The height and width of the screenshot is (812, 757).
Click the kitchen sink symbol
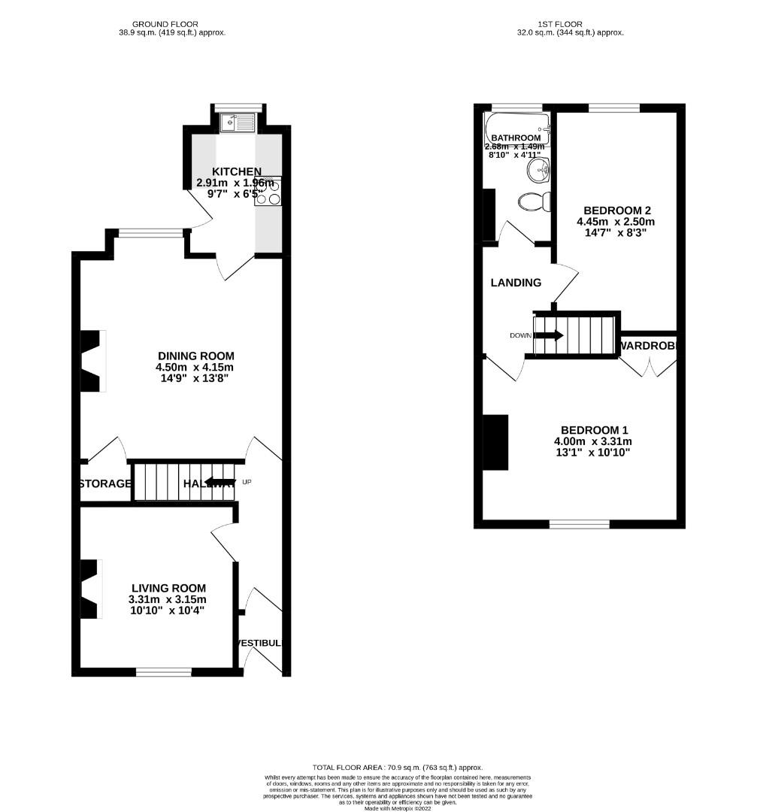(238, 122)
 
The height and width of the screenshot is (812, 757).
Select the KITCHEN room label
(237, 172)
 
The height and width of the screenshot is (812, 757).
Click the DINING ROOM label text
(196, 356)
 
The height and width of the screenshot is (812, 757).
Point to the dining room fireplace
(92, 361)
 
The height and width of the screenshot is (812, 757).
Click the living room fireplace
(91, 589)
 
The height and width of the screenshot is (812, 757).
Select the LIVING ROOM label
(168, 588)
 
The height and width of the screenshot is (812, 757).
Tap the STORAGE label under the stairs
(104, 483)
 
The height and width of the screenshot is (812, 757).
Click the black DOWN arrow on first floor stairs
(548, 335)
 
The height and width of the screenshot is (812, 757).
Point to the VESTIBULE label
(261, 644)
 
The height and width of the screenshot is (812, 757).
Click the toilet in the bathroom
(532, 201)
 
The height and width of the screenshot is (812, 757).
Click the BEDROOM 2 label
(613, 211)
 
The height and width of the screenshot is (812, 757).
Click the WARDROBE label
(649, 347)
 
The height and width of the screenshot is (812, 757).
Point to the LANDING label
(516, 283)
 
